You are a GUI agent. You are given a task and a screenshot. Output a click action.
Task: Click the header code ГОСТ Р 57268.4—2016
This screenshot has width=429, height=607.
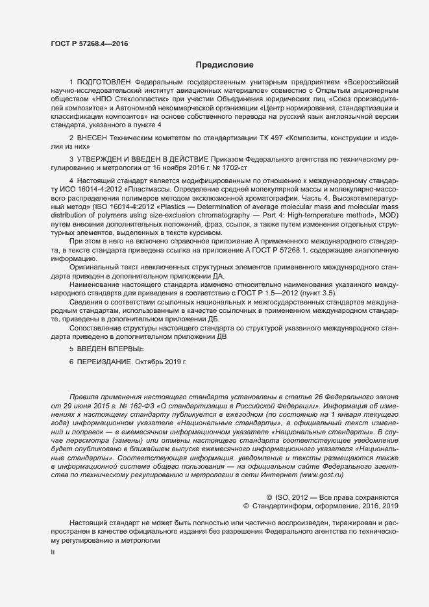(89, 43)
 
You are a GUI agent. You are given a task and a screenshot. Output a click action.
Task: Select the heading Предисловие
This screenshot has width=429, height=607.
(225, 65)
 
